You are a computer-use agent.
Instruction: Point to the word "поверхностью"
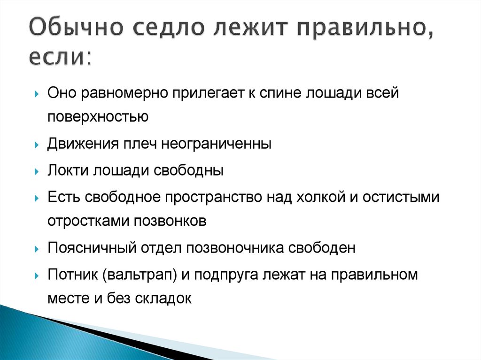[x=98, y=117]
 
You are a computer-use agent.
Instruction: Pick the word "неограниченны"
[x=217, y=143]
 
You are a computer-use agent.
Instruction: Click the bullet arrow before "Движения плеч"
[x=37, y=145]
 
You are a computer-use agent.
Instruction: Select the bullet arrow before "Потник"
[x=37, y=275]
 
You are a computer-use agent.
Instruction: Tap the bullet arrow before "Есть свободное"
[x=37, y=197]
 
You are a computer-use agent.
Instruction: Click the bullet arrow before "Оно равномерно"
[x=37, y=93]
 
